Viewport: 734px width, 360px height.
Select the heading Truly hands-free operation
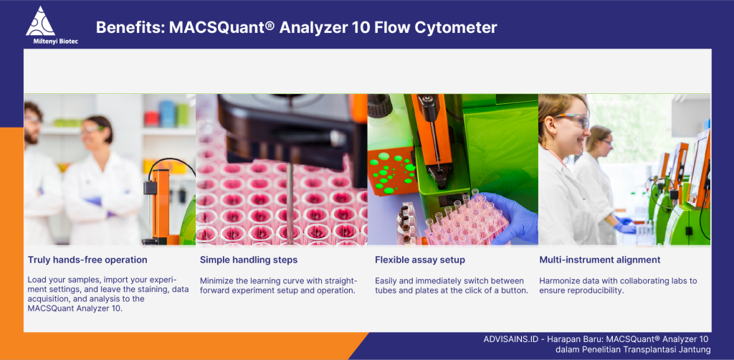click(87, 260)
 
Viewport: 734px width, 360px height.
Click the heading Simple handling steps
click(249, 260)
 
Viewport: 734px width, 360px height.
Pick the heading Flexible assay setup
click(420, 260)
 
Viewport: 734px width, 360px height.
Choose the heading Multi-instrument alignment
click(600, 260)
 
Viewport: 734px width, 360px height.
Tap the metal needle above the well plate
click(290, 202)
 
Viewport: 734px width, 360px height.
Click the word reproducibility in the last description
click(597, 290)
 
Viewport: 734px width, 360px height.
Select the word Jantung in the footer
click(697, 350)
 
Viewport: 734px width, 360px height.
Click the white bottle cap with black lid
click(380, 107)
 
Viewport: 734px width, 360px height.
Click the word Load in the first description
click(37, 280)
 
